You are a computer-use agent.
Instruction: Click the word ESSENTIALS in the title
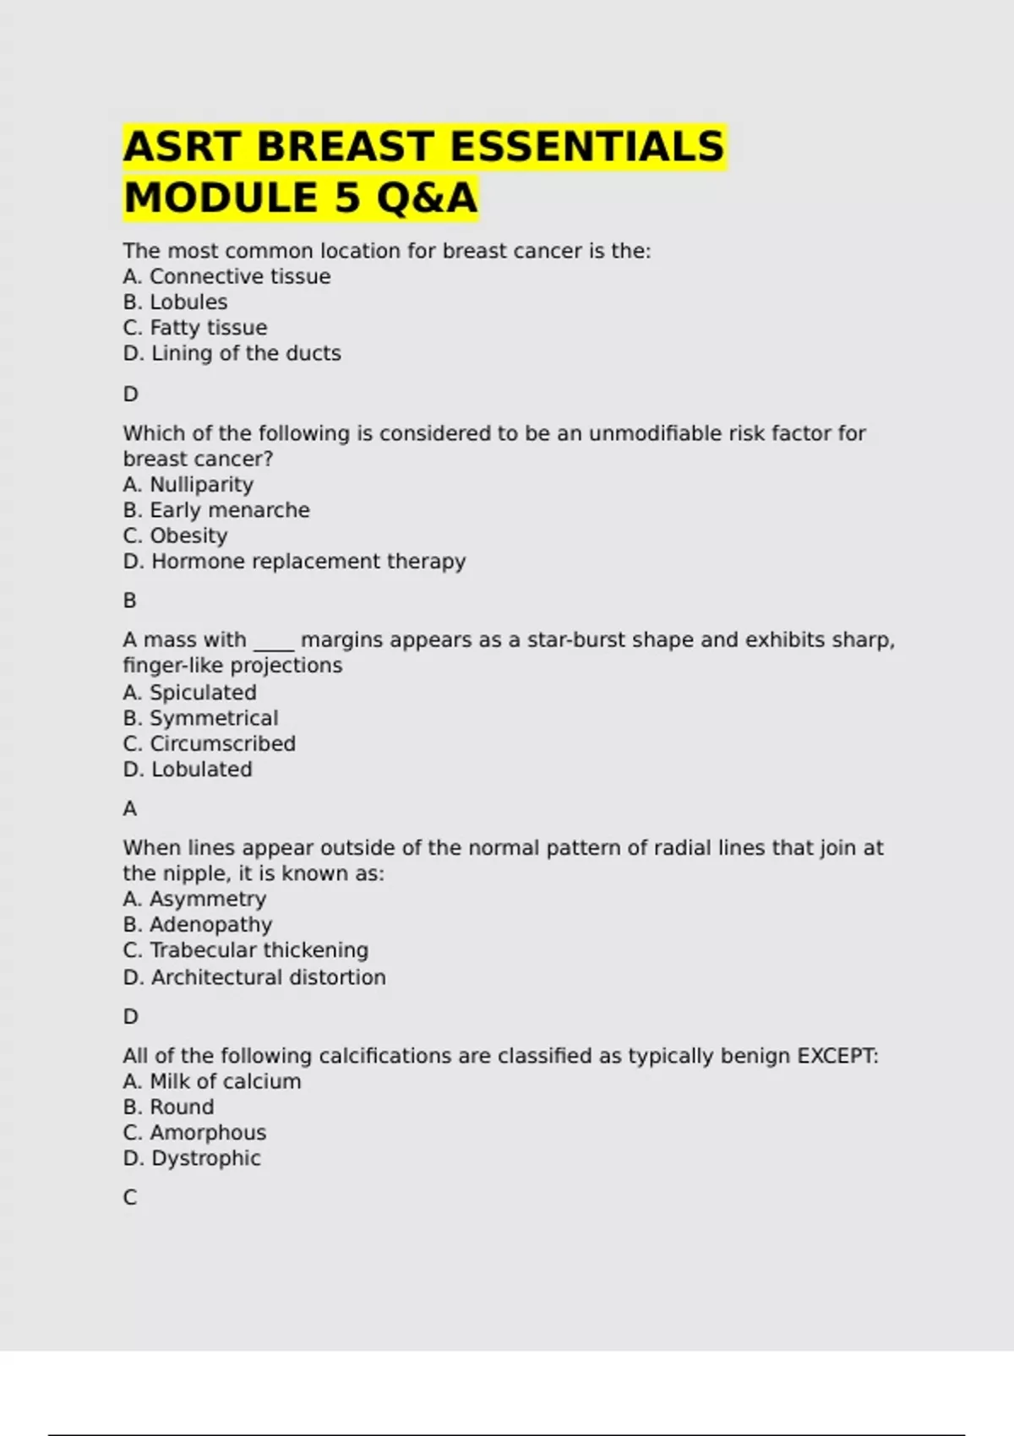[587, 146]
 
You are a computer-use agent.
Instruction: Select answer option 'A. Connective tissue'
[226, 276]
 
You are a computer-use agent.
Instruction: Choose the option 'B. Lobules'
[175, 302]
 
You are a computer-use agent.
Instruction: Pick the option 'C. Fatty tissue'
[195, 327]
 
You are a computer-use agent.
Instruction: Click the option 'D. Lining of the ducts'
[232, 353]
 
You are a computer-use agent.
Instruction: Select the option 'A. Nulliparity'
[188, 484]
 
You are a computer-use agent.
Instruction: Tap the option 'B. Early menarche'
[216, 510]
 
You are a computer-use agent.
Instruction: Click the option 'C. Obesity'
[175, 536]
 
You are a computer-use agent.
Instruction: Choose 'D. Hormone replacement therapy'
[294, 561]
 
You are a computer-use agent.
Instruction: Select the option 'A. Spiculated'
[189, 692]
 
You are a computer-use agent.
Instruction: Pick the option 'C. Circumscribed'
[209, 743]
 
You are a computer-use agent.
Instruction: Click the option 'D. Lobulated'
[188, 769]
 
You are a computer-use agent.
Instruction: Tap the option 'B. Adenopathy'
[198, 924]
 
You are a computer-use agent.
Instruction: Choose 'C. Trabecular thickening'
[245, 949]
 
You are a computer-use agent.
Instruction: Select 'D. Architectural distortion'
[254, 976]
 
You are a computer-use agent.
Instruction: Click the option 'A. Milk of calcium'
[212, 1081]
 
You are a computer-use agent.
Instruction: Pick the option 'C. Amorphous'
[194, 1132]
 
